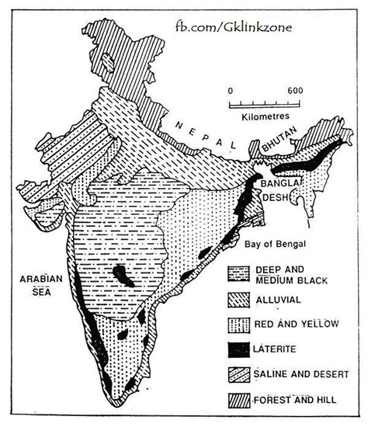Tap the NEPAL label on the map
click(203, 135)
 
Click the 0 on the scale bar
click(231, 91)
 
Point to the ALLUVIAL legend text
click(276, 297)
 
